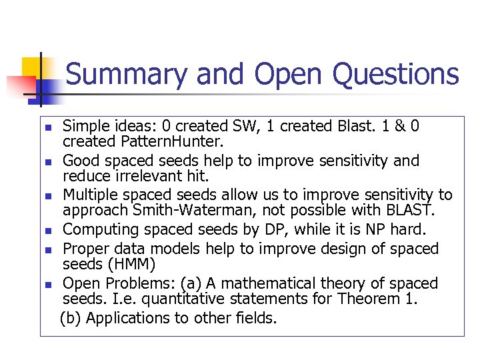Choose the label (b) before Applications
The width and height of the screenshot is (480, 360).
coord(71,318)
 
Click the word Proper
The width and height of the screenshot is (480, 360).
coord(85,249)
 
